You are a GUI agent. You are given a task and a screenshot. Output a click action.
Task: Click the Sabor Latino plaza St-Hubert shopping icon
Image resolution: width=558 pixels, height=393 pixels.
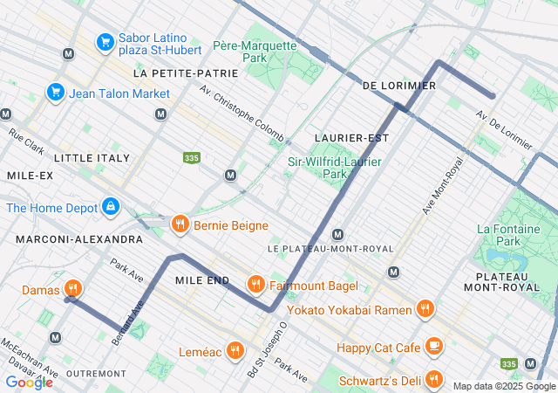105,41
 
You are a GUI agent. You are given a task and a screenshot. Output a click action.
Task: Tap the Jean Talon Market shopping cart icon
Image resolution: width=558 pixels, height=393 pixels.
56,92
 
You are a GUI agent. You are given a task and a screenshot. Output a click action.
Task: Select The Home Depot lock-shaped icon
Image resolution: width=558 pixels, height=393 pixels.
111,207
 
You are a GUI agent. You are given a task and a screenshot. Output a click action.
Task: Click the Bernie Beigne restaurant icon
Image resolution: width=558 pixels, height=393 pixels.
180,224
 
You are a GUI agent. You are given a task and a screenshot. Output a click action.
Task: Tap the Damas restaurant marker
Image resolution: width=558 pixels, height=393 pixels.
73,289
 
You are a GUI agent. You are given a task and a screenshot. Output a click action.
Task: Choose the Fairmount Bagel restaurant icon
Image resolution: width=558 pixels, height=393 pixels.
255,284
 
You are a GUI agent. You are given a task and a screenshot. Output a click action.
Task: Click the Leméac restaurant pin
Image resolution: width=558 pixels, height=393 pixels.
235,351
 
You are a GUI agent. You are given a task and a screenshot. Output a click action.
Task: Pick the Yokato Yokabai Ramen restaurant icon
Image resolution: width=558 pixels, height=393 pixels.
425,307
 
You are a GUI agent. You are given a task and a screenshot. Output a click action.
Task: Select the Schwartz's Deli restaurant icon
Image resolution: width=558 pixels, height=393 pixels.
435,380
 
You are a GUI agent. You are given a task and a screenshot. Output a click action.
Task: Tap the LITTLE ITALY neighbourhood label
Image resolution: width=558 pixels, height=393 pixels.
92,158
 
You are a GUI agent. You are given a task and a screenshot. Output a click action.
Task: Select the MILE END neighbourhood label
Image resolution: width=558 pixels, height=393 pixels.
201,280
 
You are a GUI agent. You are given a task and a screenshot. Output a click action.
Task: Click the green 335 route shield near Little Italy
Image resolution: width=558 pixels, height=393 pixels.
192,157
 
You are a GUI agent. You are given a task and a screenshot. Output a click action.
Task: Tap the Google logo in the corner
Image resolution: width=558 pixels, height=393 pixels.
29,382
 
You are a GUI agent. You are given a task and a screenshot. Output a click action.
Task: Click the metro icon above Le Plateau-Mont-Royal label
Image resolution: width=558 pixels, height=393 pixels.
337,234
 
